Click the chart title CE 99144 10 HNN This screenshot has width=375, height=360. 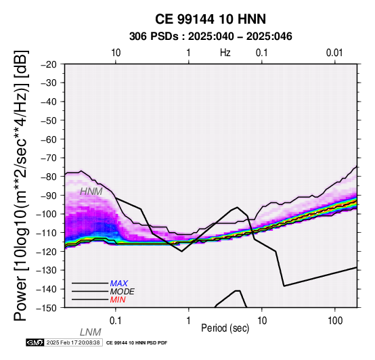tap(211, 19)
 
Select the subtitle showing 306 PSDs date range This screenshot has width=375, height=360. tap(211, 37)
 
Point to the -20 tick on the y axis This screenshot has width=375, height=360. tap(49, 64)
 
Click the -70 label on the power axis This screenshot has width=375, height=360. tap(49, 158)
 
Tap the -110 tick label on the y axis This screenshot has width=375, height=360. tap(47, 233)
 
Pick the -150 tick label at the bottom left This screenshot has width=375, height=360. tap(47, 308)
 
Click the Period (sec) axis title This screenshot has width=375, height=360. tap(225, 328)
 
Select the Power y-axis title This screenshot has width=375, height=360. tap(21, 185)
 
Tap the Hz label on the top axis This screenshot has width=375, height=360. tap(225, 53)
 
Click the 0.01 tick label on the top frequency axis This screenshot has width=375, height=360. tap(334, 53)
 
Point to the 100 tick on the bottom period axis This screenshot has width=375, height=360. tap(335, 321)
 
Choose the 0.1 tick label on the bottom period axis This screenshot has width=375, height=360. tap(116, 321)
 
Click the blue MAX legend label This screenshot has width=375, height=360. tap(119, 284)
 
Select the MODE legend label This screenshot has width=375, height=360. tap(123, 292)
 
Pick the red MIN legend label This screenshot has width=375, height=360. tap(118, 300)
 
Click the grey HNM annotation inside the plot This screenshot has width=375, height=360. tap(91, 192)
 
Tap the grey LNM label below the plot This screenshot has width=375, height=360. tap(91, 332)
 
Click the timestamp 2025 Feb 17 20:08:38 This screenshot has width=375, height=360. tap(73, 342)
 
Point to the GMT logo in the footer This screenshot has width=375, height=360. tap(35, 342)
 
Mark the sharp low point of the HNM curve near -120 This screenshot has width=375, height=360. tap(182, 251)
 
